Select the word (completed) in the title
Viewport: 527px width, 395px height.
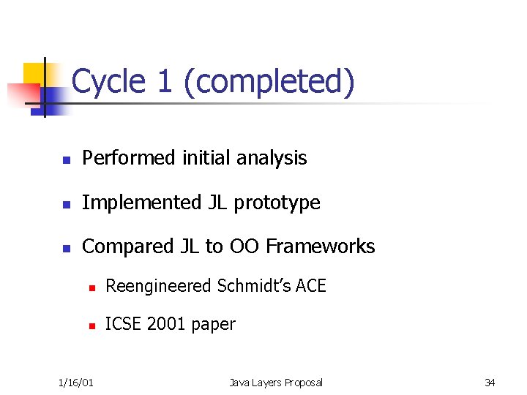269,82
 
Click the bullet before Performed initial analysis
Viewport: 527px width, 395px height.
66,159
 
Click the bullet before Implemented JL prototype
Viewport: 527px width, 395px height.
66,203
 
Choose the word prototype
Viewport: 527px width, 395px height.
283,203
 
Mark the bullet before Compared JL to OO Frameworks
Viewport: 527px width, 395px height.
66,248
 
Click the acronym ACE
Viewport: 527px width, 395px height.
311,286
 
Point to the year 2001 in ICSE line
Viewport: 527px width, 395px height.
166,324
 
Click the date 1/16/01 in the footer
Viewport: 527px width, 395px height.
76,383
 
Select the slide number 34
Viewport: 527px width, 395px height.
490,383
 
